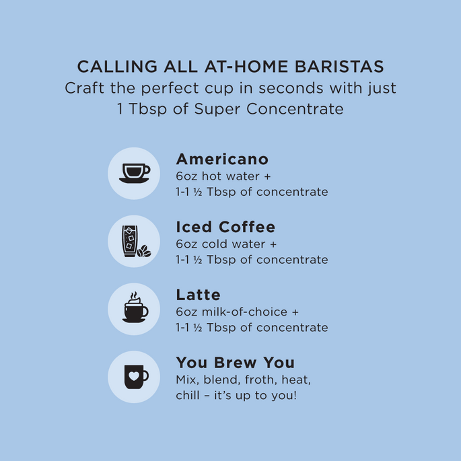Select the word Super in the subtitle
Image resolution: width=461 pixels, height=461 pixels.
[217, 110]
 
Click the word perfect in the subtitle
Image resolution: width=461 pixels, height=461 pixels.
[170, 88]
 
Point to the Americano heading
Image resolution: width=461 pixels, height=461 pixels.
[222, 159]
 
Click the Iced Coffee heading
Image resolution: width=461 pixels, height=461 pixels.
[225, 227]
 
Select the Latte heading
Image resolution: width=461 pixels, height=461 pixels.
[198, 295]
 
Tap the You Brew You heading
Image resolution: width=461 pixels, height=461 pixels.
[235, 363]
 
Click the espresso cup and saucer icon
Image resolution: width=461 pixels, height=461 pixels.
[135, 174]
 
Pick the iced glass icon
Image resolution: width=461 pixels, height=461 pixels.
[130, 241]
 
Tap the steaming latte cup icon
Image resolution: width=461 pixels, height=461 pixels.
[135, 308]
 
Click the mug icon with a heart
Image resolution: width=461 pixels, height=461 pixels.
[136, 377]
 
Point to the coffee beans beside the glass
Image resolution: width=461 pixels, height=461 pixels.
[144, 252]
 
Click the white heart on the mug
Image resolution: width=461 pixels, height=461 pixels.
[134, 376]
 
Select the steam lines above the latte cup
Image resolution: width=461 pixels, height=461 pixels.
[134, 295]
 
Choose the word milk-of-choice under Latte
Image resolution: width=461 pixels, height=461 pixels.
[244, 312]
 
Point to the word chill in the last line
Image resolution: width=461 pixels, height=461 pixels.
[186, 396]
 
